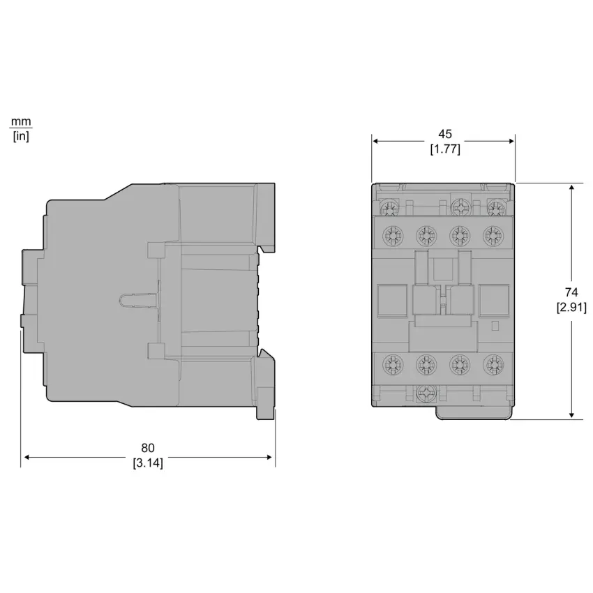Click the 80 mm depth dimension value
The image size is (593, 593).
click(x=147, y=447)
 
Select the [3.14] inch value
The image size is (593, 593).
click(x=147, y=463)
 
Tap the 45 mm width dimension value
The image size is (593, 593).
click(x=444, y=133)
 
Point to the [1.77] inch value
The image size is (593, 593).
click(x=444, y=149)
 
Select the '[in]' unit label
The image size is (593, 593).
click(x=21, y=136)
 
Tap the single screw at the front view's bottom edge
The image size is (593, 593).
click(x=424, y=394)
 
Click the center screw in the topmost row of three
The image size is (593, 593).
click(x=458, y=207)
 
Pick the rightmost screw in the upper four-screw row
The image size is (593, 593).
click(x=494, y=234)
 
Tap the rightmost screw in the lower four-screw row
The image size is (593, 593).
click(x=494, y=363)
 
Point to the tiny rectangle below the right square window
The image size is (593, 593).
click(x=495, y=326)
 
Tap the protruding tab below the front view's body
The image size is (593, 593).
click(x=472, y=413)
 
